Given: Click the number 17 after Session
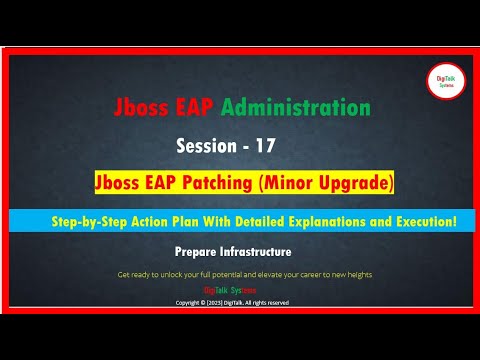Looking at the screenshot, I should [x=265, y=144].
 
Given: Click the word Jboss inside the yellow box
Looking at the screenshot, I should [x=154, y=184].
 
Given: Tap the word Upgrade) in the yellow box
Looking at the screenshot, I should [x=354, y=184].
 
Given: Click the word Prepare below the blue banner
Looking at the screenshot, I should [x=200, y=253].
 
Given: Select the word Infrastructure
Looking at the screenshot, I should [x=259, y=253].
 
